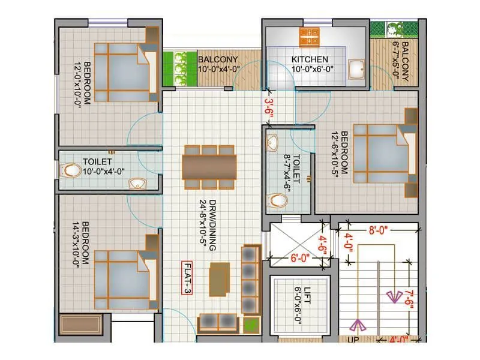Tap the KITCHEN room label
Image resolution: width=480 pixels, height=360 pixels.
310,59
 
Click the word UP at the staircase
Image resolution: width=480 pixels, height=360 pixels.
353,340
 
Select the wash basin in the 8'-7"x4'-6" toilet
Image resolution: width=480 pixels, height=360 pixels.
274,143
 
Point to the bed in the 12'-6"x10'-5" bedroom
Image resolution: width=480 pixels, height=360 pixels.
385,154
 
